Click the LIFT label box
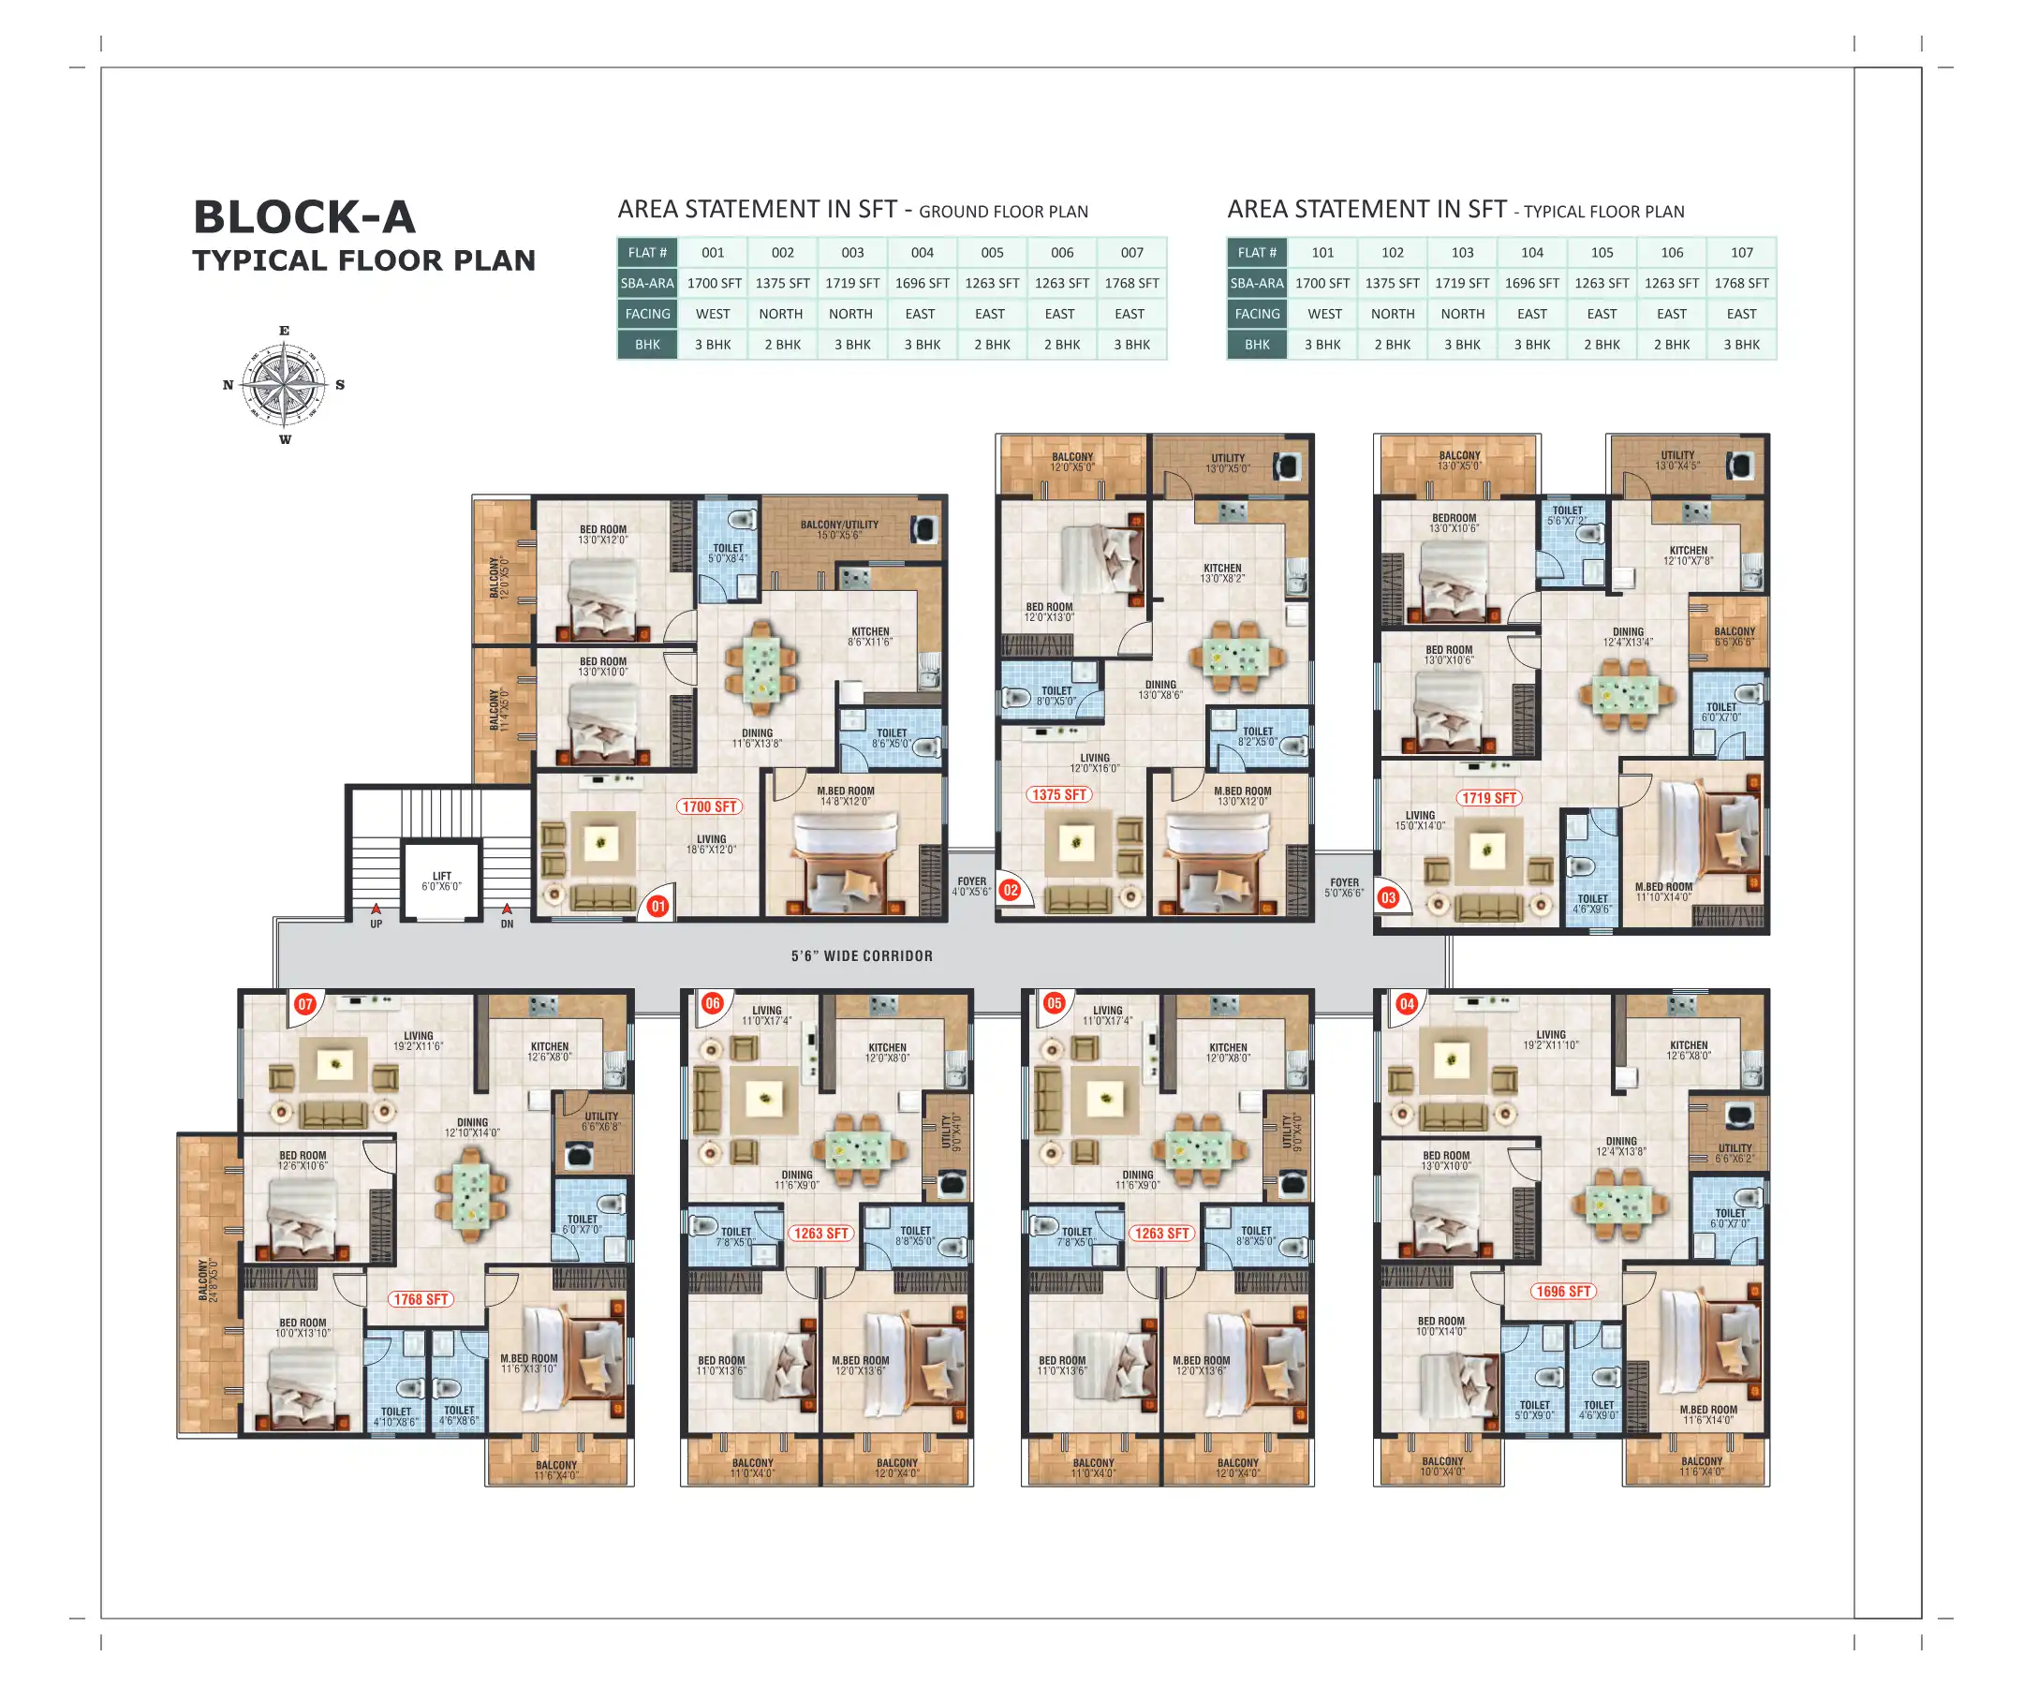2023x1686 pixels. point(441,880)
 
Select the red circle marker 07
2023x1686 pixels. point(305,1004)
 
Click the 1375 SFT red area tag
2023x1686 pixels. point(1058,795)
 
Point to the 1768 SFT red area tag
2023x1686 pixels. point(421,1299)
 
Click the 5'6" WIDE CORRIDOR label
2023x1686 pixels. point(862,955)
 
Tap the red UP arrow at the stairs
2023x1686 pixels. point(376,909)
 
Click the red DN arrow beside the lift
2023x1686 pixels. point(507,909)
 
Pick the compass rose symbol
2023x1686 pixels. point(284,384)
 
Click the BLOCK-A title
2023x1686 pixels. point(304,216)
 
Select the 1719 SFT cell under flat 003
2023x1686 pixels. point(851,283)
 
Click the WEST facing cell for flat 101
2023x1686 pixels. point(1323,314)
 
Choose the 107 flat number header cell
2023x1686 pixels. point(1741,252)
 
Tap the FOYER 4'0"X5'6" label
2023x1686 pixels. point(971,886)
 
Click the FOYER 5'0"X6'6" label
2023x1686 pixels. point(1344,887)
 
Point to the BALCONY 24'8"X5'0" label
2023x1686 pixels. point(207,1279)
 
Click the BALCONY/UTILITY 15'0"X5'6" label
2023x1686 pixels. point(839,530)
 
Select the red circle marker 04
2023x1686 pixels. point(1407,1004)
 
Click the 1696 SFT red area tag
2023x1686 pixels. point(1562,1291)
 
